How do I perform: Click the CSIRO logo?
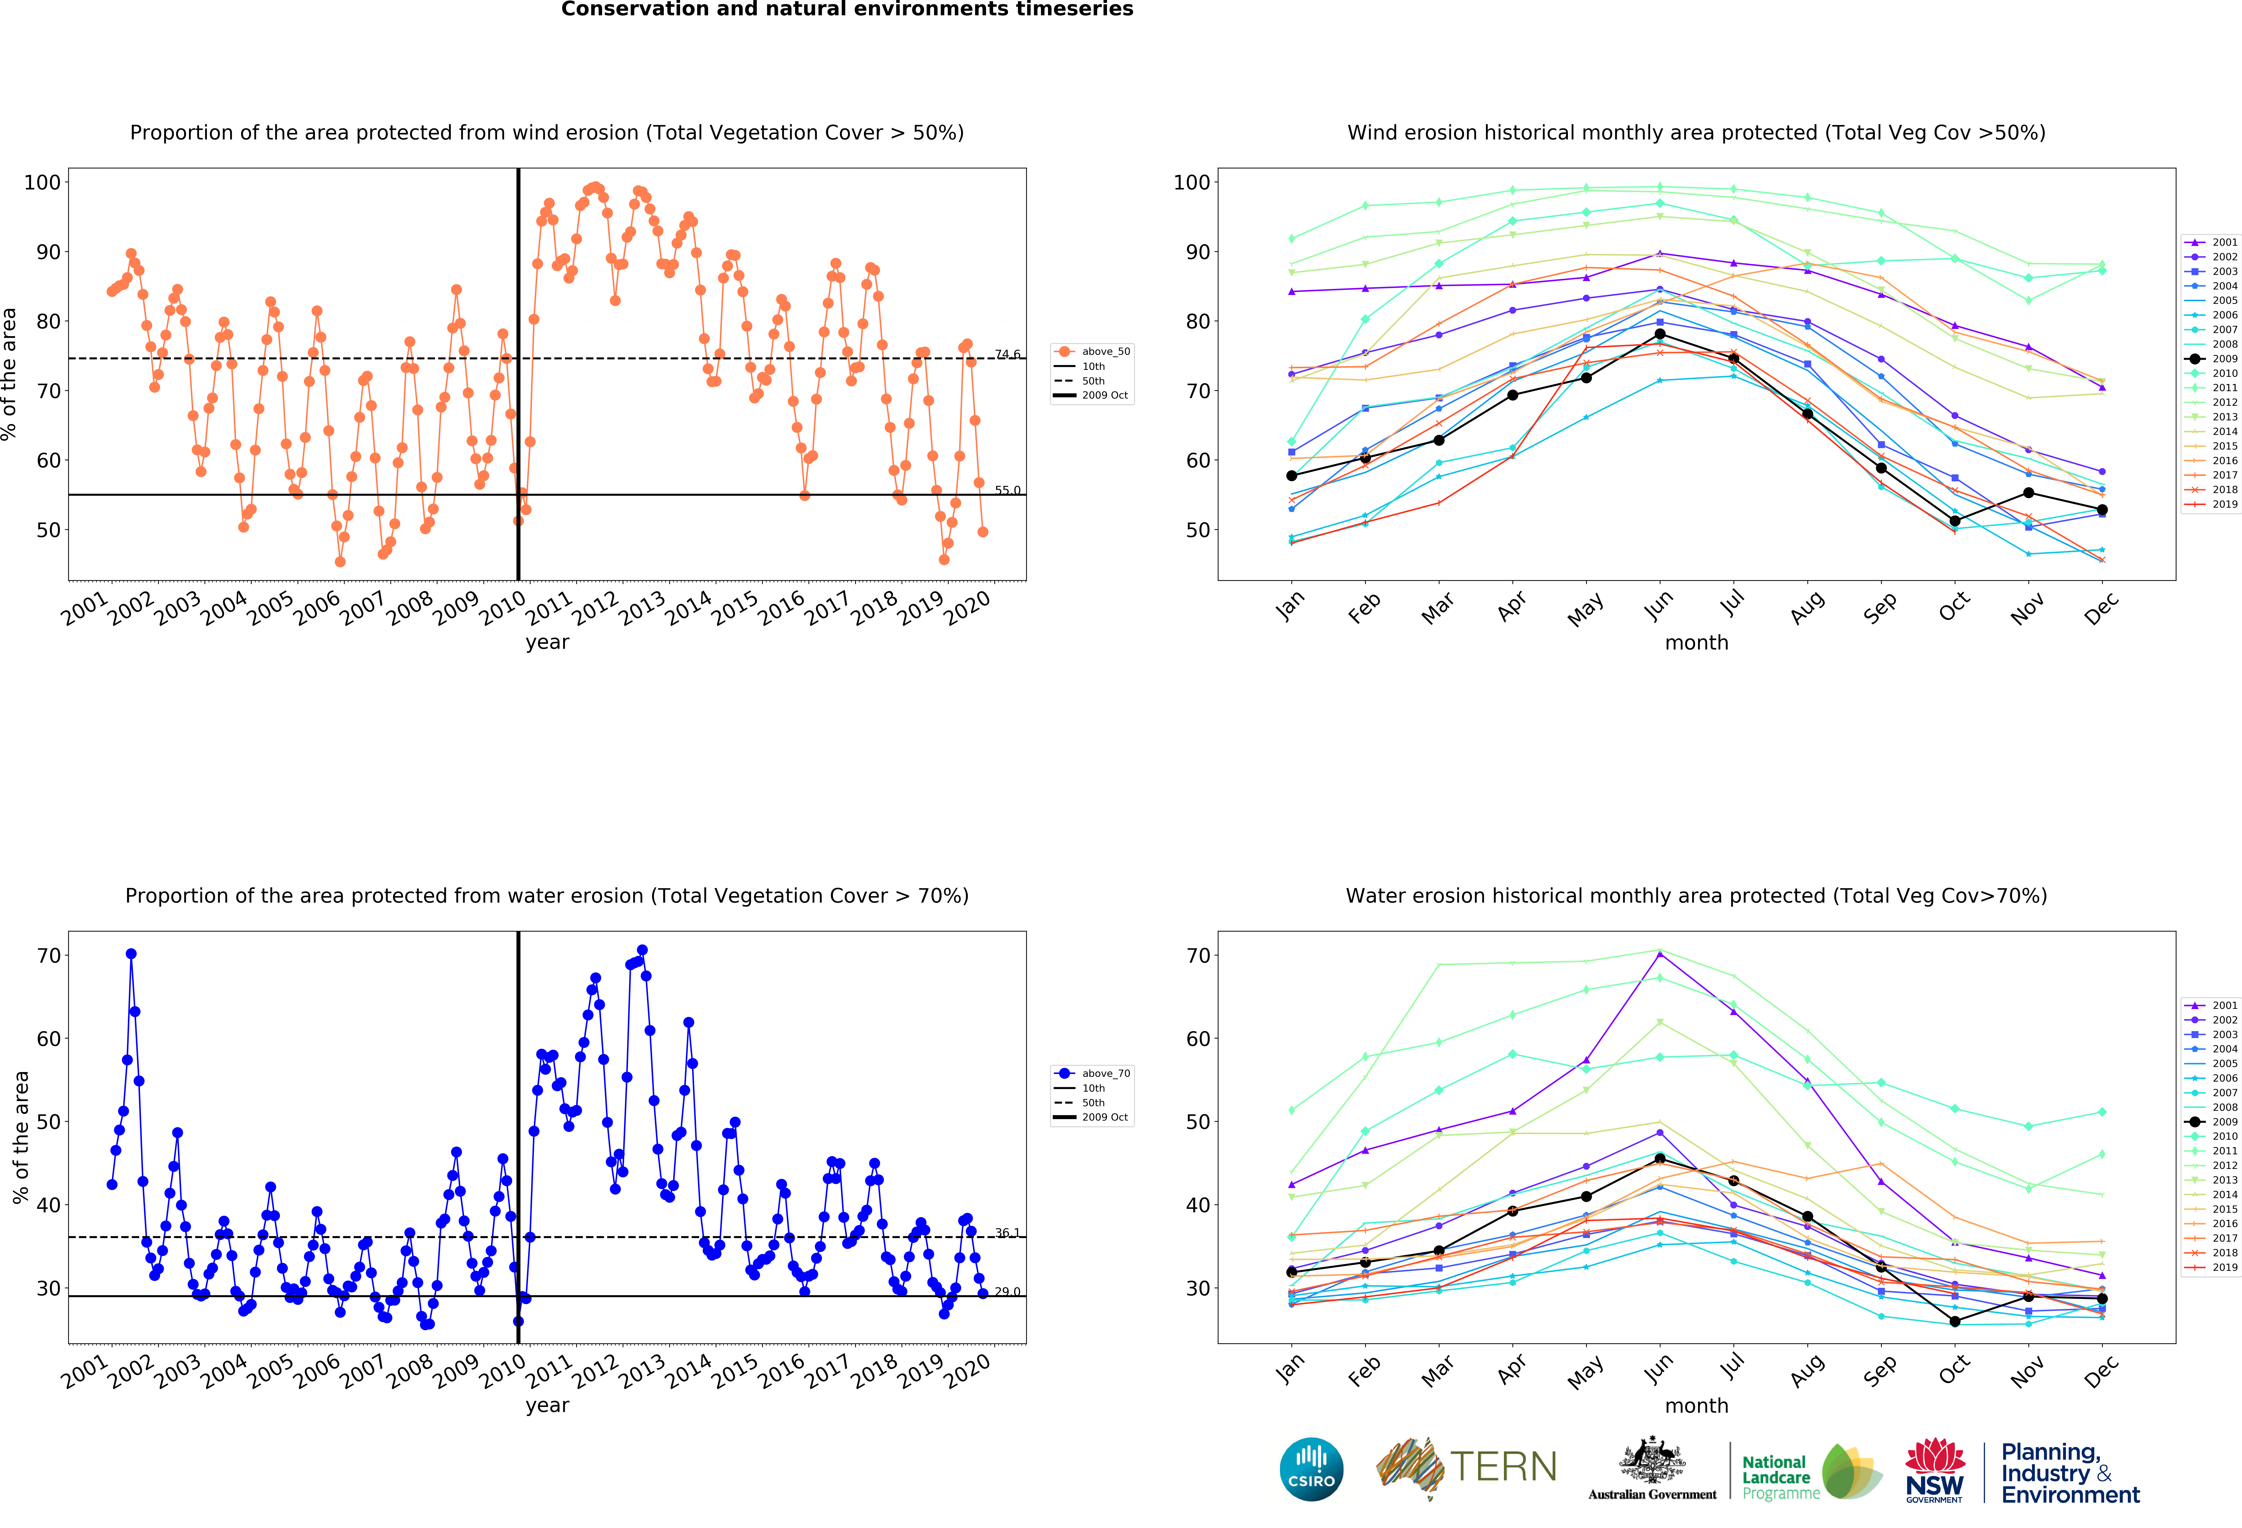[x=1311, y=1469]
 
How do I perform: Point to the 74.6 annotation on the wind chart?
[x=1007, y=354]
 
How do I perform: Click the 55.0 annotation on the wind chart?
[x=1007, y=490]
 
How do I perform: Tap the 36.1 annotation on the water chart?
[x=1007, y=1233]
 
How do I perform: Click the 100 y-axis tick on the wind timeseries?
[x=42, y=182]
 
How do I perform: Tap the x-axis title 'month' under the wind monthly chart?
[x=1696, y=642]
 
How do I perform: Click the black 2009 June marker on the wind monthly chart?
[x=1659, y=334]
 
